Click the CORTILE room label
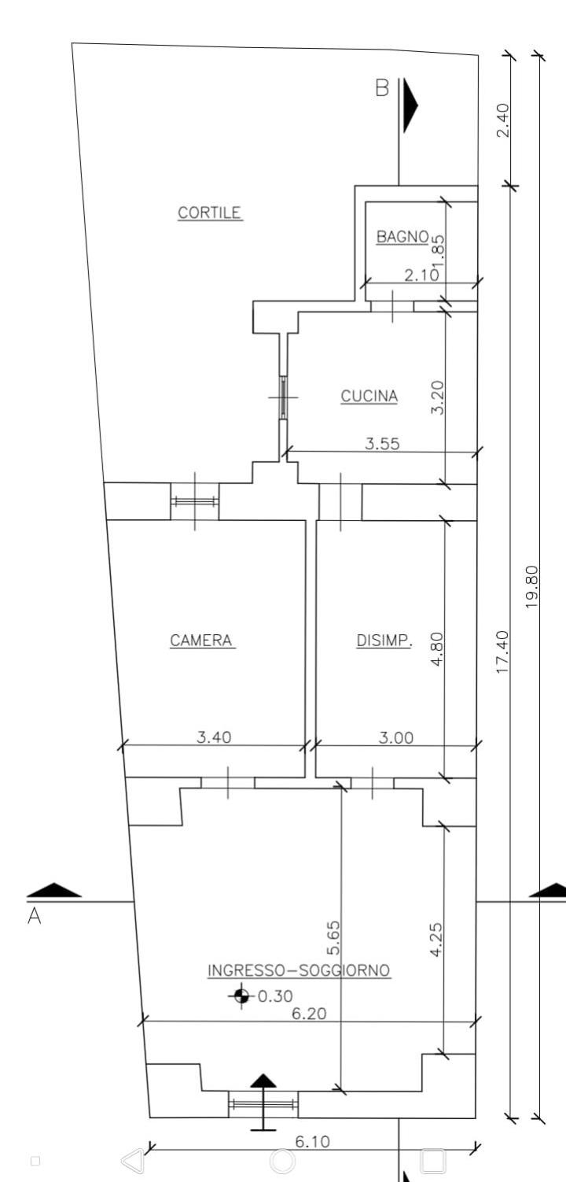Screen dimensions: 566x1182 point(210,212)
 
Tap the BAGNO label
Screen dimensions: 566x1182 point(402,237)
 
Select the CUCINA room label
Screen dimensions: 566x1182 point(369,396)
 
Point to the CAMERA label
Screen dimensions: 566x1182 point(201,640)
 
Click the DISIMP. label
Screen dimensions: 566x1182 point(384,640)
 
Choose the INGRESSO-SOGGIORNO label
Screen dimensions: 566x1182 point(299,970)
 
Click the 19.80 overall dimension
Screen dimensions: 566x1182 point(532,586)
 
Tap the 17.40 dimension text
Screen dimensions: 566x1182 point(503,651)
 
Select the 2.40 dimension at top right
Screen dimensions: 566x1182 point(503,120)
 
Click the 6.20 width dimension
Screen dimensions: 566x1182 point(309,1014)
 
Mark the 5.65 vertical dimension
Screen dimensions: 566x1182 point(333,938)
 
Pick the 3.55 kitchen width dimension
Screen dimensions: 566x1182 point(382,444)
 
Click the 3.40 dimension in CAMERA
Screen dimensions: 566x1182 point(214,737)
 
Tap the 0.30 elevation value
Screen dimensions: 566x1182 point(275,995)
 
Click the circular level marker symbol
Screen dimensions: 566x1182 point(241,995)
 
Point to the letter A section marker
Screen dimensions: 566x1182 point(35,915)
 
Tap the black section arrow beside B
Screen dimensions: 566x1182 point(410,105)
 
